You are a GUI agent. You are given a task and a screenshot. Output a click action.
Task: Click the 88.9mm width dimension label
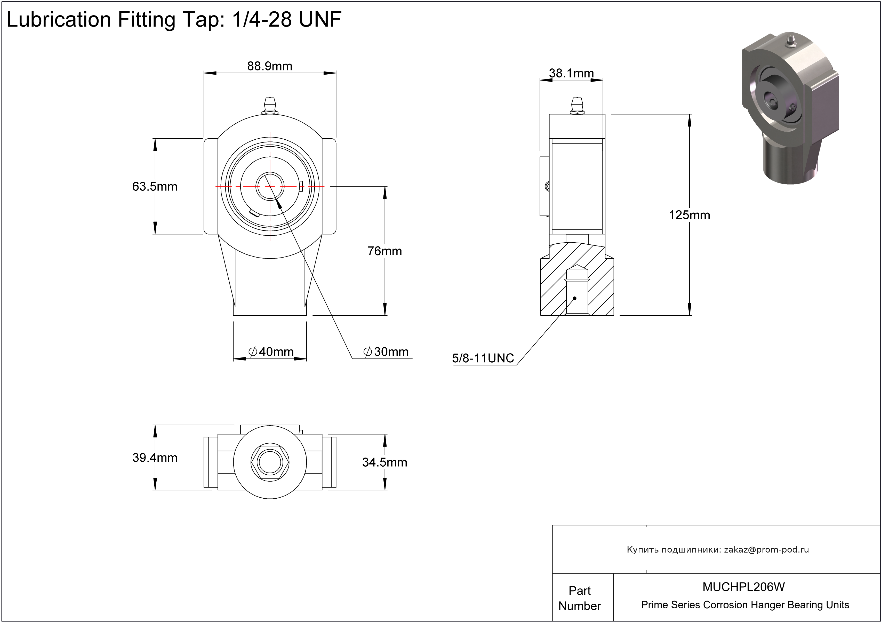point(270,66)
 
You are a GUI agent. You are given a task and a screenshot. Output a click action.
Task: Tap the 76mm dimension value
point(384,251)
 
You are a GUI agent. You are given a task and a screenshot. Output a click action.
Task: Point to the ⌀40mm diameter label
point(271,352)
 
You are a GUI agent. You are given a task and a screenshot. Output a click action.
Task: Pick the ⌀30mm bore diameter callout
point(386,352)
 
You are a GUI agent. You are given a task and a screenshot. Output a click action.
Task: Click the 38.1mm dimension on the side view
point(571,73)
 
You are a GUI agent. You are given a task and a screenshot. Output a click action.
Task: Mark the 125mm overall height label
point(689,215)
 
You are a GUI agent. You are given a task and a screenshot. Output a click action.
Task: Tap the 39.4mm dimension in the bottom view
point(155,458)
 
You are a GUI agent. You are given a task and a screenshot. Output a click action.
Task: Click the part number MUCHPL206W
point(744,587)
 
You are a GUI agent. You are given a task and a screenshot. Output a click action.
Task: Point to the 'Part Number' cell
point(580,598)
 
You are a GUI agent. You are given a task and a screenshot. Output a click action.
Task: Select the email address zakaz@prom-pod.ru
point(766,550)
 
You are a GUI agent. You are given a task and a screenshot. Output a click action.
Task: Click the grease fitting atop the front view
point(270,106)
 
